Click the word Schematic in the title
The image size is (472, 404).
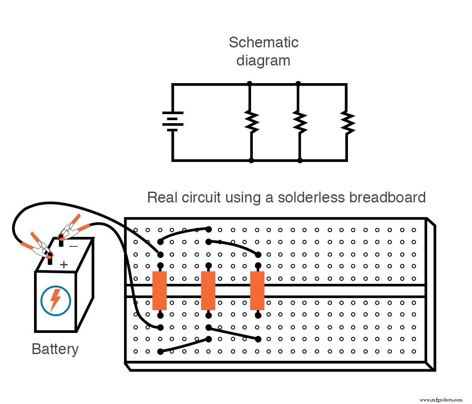point(263,42)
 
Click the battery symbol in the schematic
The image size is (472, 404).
point(173,121)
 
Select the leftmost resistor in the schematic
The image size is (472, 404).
point(251,122)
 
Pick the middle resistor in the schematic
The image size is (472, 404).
point(299,122)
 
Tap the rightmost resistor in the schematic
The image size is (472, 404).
point(347,122)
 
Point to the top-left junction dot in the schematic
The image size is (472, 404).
point(250,84)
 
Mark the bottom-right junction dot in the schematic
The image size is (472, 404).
point(300,161)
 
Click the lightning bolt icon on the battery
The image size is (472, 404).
point(55,299)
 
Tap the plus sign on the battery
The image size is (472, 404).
point(63,264)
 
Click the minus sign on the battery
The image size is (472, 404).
point(73,246)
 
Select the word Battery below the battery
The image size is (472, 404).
point(55,349)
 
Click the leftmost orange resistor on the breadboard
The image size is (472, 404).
point(159,290)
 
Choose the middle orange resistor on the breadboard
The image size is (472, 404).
point(208,290)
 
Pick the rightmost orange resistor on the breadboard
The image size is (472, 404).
point(257,290)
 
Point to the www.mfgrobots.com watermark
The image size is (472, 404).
point(440,399)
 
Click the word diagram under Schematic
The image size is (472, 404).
point(263,60)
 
